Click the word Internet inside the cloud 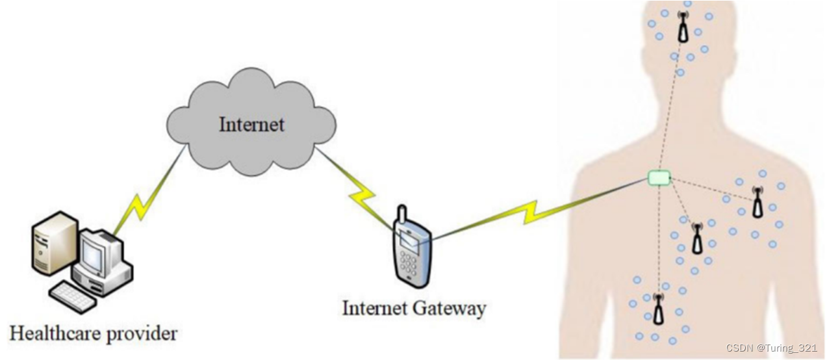(251, 123)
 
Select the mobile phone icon (412, 248)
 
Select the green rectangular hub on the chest (659, 177)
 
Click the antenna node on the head (683, 28)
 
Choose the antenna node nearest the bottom (659, 309)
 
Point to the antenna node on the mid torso (697, 238)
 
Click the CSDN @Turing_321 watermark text (771, 348)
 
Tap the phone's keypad (409, 263)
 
